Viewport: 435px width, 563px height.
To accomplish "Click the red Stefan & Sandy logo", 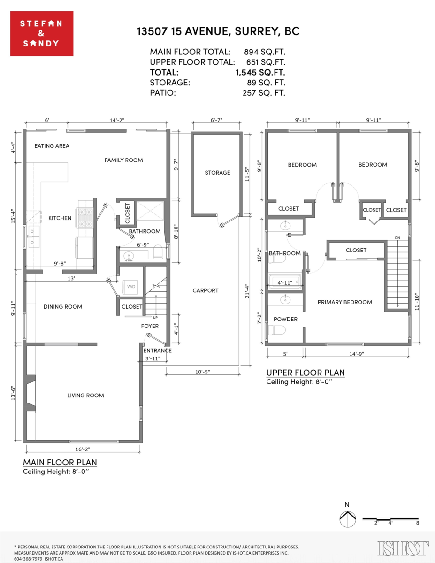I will pyautogui.click(x=42, y=33).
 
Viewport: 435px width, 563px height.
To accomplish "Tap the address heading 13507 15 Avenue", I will pyautogui.click(x=218, y=31).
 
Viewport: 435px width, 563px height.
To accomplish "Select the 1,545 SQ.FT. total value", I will pyautogui.click(x=260, y=72).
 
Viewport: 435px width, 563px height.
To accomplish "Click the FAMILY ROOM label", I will pyautogui.click(x=123, y=160).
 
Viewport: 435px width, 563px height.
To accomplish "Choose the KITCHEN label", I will pyautogui.click(x=60, y=218).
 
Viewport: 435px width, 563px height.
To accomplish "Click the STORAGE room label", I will pyautogui.click(x=217, y=173).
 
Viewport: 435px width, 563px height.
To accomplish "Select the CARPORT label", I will pyautogui.click(x=206, y=291).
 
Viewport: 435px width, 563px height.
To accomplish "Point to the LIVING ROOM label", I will pyautogui.click(x=85, y=396).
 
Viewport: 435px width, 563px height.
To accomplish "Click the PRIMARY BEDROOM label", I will pyautogui.click(x=344, y=302).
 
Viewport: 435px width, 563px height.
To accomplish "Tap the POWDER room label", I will pyautogui.click(x=285, y=320).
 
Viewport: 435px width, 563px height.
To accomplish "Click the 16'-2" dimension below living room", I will pyautogui.click(x=82, y=449).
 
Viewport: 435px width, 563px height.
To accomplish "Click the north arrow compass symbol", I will pyautogui.click(x=347, y=519).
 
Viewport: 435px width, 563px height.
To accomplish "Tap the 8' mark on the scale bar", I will pyautogui.click(x=418, y=523).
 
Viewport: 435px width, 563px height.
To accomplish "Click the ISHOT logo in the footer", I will pyautogui.click(x=403, y=548).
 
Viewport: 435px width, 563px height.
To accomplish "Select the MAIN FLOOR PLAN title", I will pyautogui.click(x=60, y=463).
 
